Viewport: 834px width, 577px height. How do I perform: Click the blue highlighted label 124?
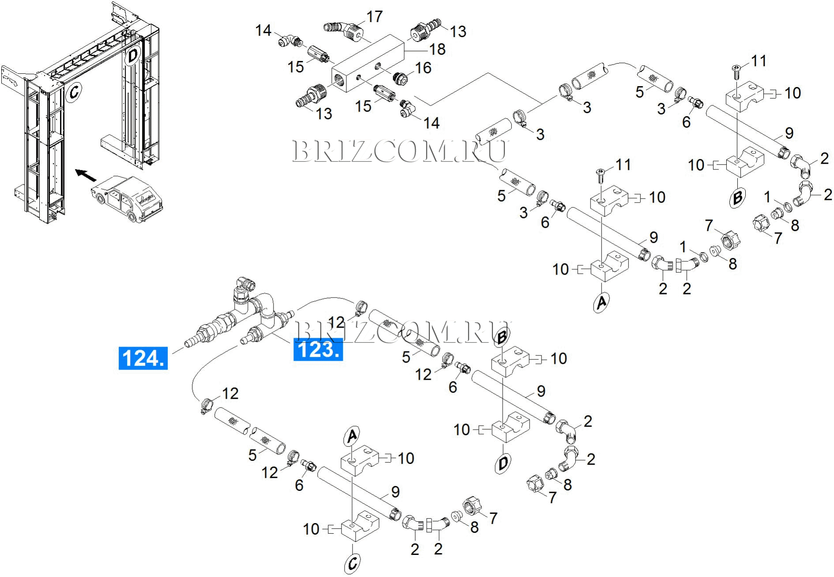tap(143, 358)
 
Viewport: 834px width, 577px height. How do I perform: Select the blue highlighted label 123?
tap(318, 350)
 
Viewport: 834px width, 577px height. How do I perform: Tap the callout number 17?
tap(375, 17)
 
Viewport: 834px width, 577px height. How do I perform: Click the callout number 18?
tap(437, 49)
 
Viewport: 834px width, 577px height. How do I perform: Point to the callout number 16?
tap(423, 68)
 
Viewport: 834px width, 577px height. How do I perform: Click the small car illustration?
tap(127, 200)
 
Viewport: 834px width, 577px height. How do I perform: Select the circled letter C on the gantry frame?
tap(74, 92)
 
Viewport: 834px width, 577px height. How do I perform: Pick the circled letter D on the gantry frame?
tap(132, 56)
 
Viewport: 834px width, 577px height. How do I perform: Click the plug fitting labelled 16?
tap(400, 79)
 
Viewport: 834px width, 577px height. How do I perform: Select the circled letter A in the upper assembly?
tap(601, 302)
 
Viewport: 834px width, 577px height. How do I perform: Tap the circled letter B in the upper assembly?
tap(737, 198)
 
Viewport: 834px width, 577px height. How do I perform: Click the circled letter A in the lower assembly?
tap(352, 436)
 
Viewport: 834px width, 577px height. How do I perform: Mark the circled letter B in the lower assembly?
tap(502, 337)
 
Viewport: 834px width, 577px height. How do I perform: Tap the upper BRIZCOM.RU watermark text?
tap(400, 151)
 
